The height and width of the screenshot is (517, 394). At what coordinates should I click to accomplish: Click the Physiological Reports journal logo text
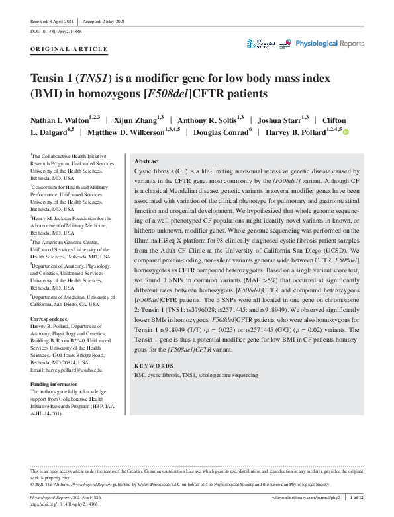329,44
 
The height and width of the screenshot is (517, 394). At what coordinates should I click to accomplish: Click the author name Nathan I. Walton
59,121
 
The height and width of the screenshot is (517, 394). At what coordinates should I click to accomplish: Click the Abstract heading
146,161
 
